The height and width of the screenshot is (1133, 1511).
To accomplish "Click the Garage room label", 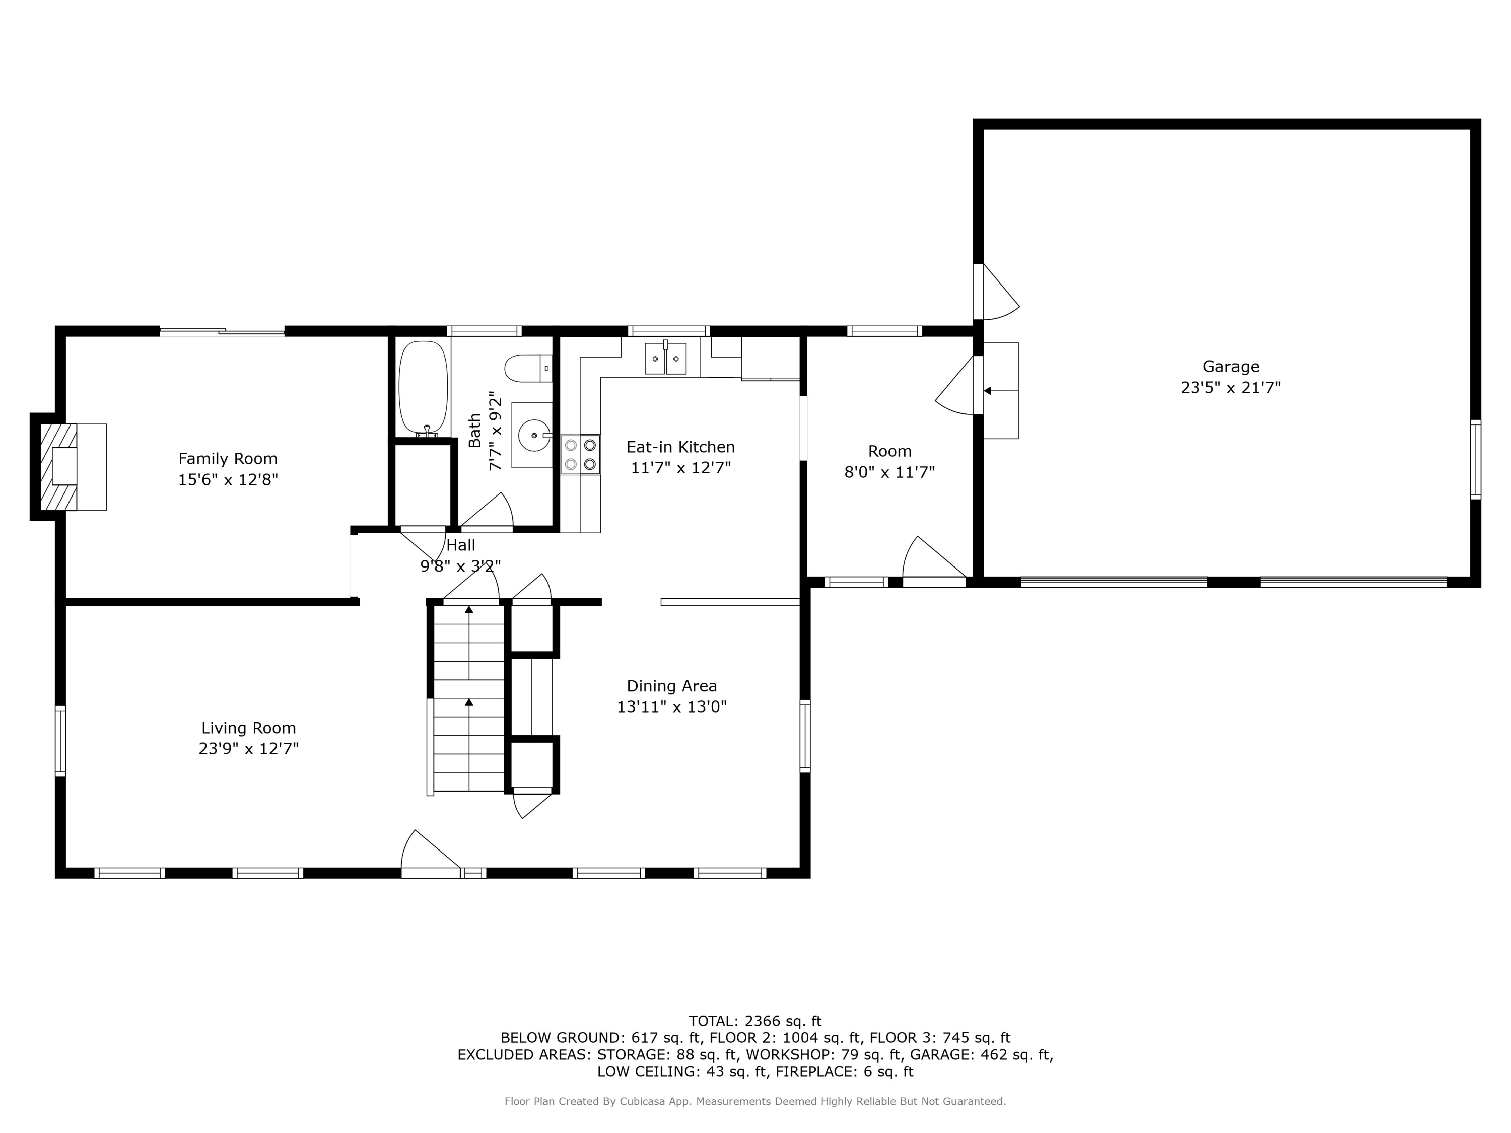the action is (x=1230, y=367).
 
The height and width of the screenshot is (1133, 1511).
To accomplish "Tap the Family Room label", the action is (x=228, y=458).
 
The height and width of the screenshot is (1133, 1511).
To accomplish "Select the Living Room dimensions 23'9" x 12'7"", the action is (x=249, y=748).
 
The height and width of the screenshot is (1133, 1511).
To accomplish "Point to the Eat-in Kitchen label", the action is (x=680, y=447).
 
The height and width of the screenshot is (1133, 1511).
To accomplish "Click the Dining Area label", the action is (x=672, y=686).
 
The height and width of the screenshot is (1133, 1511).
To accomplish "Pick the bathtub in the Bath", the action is (x=424, y=388).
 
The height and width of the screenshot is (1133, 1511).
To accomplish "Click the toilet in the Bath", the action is (x=528, y=368).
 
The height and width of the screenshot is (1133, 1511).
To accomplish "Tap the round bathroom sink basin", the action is (x=534, y=435).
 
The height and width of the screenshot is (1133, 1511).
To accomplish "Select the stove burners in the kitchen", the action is (x=581, y=455).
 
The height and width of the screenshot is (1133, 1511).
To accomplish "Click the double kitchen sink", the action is (x=665, y=359).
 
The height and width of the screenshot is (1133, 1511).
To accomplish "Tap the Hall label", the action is (x=461, y=545).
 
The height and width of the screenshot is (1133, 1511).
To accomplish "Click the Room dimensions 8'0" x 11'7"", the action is (x=889, y=472).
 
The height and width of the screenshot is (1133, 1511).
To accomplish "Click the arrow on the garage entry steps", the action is (x=1001, y=391).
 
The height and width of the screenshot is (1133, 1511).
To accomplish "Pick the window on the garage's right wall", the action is (x=1475, y=460).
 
